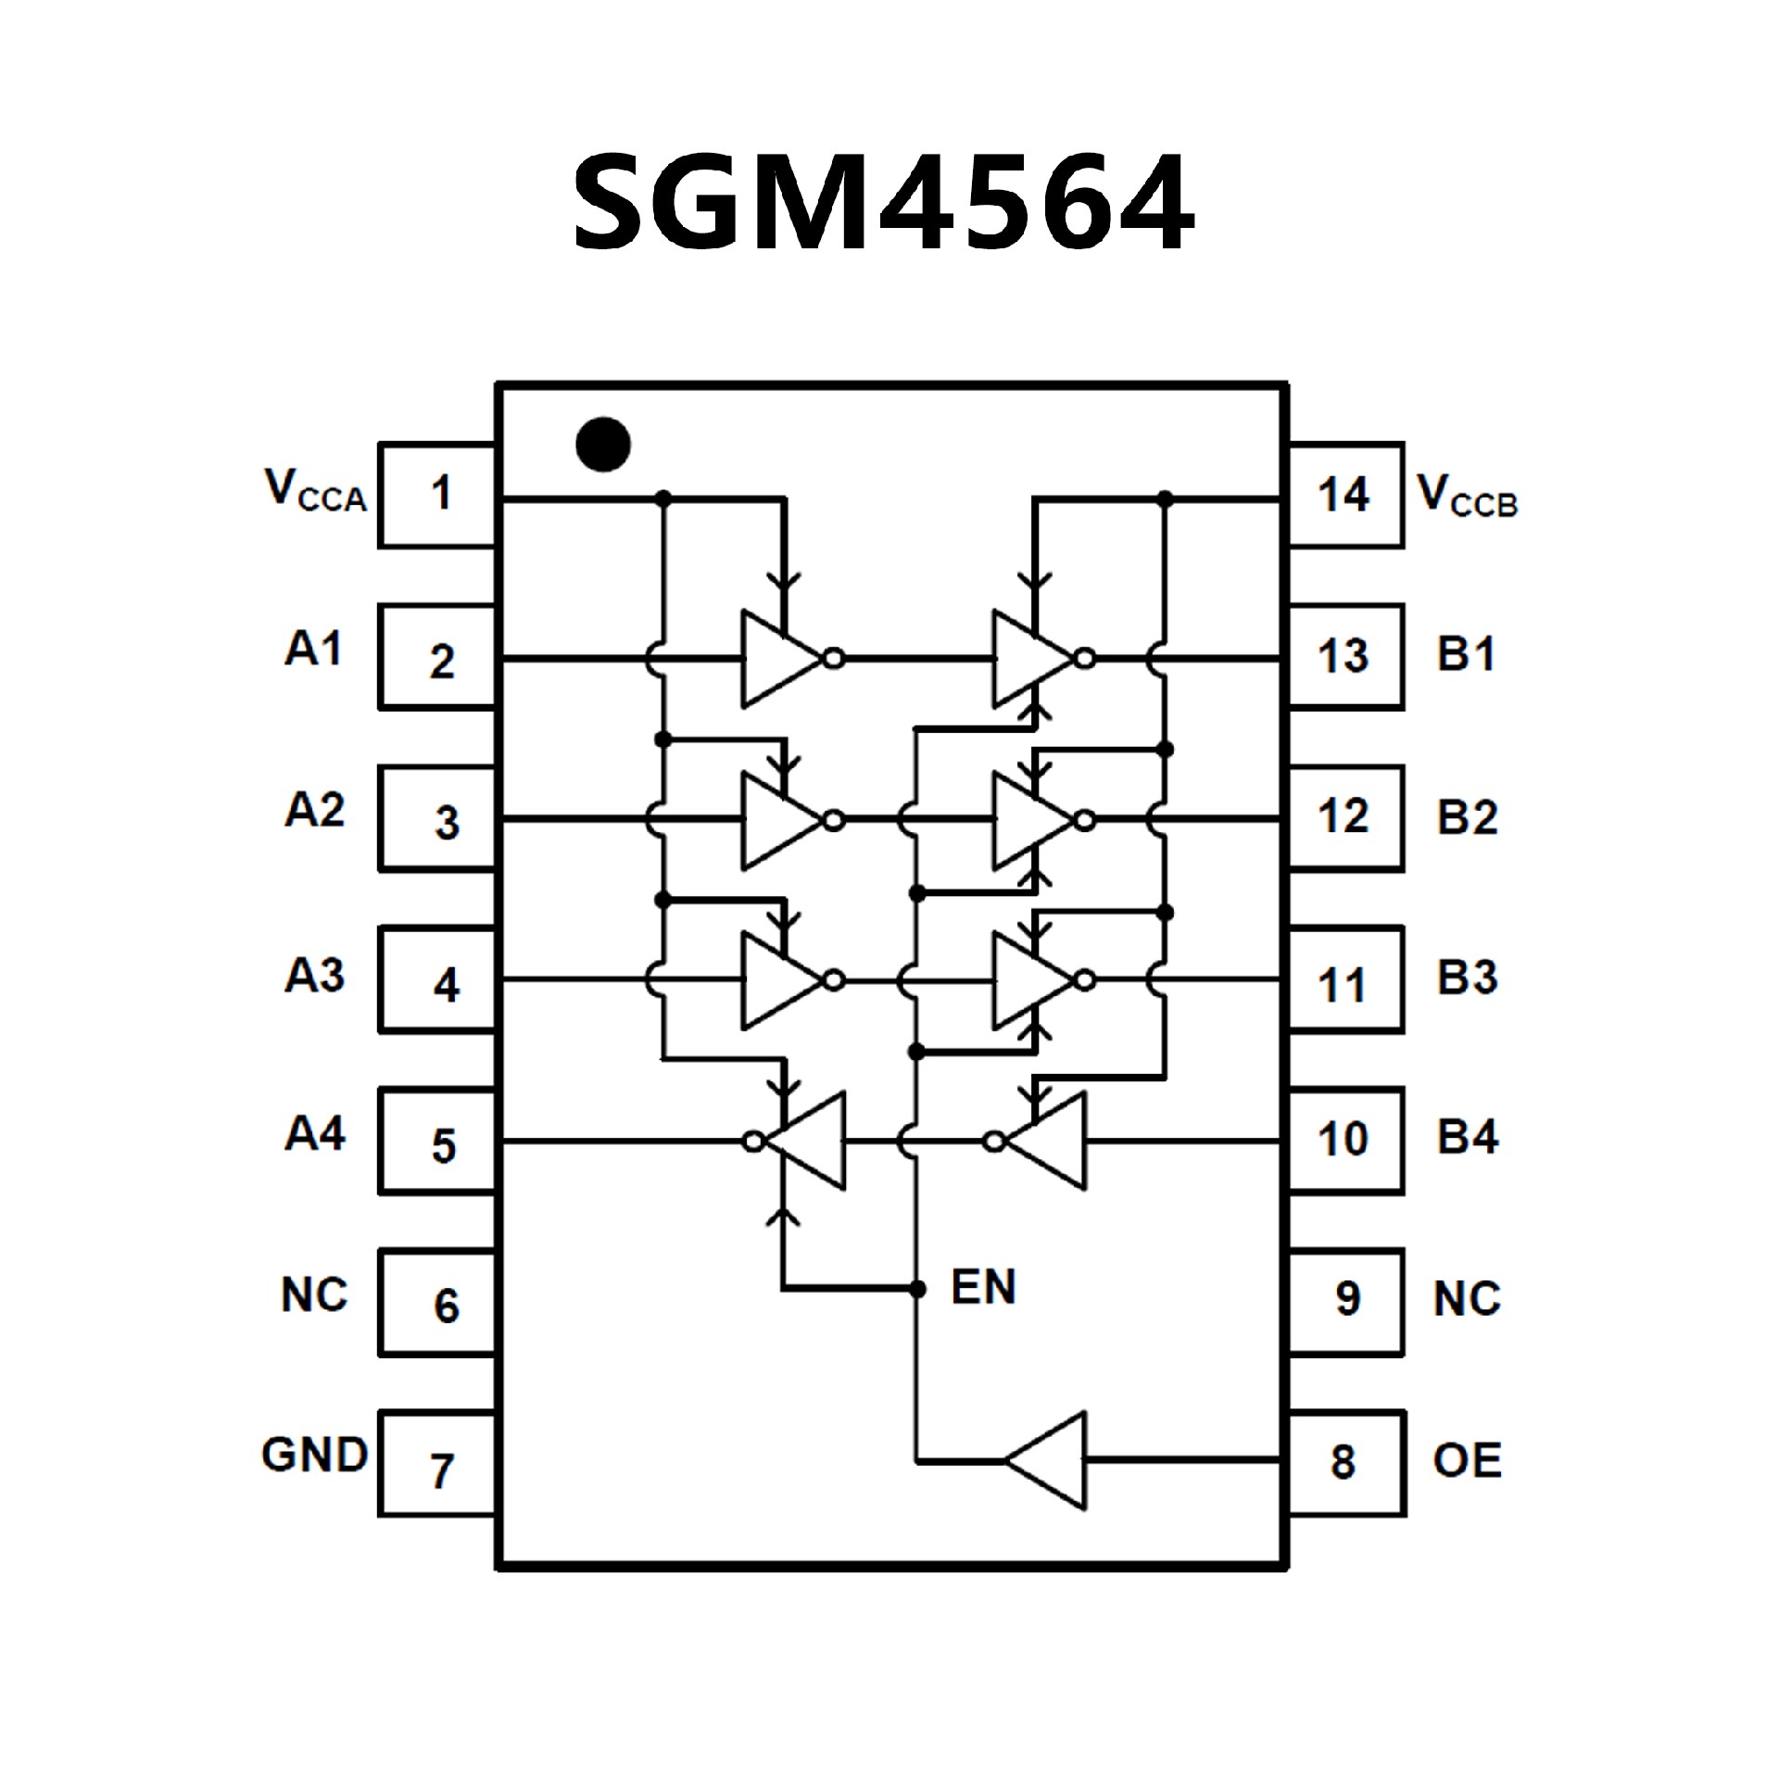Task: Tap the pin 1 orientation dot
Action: pos(603,444)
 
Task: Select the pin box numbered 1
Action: pos(437,495)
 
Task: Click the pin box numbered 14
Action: pos(1345,495)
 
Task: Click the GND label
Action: pos(315,1456)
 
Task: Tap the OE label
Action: pos(1467,1461)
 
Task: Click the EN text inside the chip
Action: pos(983,1287)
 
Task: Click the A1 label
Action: pos(314,649)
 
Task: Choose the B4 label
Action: pos(1467,1138)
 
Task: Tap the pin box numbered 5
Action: pos(437,1141)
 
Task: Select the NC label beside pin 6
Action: pos(314,1294)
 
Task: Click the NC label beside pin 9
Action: pos(1467,1299)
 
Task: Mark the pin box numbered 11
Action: pos(1345,980)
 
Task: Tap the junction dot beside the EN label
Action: pos(917,1289)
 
